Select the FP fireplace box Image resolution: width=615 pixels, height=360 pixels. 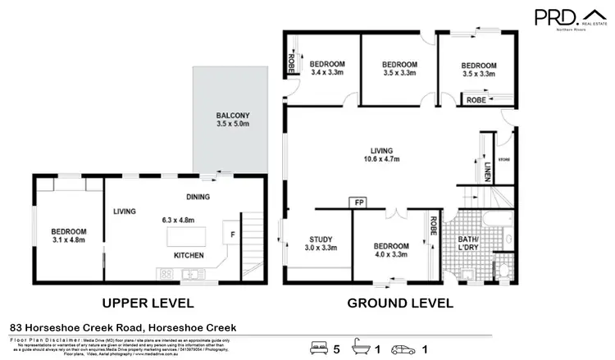pos(358,202)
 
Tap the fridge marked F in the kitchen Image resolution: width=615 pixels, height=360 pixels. pos(231,234)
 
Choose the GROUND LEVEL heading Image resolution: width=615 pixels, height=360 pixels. pos(400,302)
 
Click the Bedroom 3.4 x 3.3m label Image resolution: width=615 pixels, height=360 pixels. pos(326,68)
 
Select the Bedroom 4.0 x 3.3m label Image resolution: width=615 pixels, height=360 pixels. pos(391,250)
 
